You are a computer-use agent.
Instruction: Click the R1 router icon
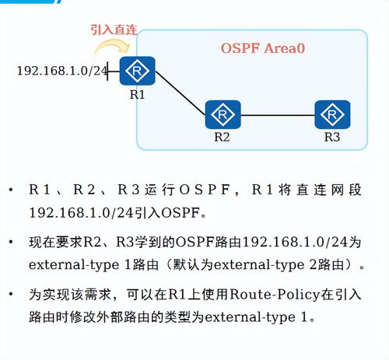137,72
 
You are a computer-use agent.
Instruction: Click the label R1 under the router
137,95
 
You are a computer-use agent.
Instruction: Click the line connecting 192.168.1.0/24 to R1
114,72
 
